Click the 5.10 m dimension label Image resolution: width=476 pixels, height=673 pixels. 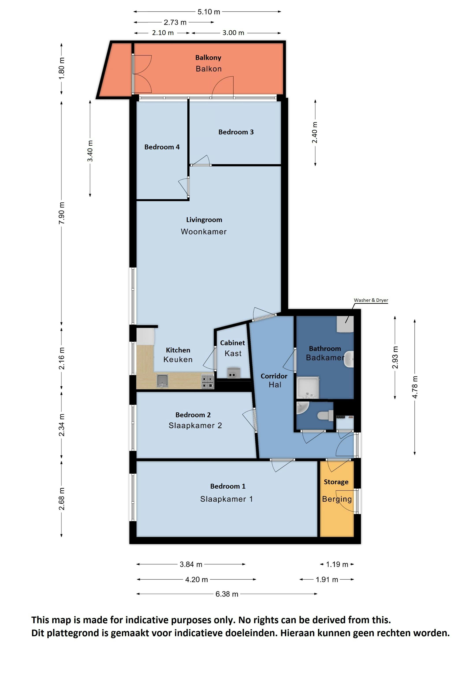pos(208,12)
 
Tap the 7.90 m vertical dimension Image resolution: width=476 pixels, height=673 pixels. pos(61,213)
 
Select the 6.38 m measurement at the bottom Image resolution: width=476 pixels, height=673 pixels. pos(227,594)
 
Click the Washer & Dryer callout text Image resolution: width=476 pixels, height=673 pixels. pos(371,300)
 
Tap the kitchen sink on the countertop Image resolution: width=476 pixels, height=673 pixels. pos(162,380)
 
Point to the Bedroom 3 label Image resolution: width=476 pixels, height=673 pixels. pos(236,132)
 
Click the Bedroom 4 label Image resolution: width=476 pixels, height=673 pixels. pos(162,147)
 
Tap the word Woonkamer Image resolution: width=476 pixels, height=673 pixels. pos(204,232)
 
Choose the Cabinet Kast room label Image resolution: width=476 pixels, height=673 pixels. pos(232,348)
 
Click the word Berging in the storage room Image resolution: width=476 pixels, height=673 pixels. pos(337,499)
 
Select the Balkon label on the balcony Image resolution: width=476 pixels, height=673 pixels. pos(208,69)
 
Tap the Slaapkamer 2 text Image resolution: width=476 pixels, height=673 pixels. pos(195,426)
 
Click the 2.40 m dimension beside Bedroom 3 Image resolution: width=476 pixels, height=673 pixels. pos(315,132)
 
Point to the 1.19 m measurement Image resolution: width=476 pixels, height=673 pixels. pos(337,564)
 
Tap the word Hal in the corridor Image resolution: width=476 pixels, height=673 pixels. pos(275,385)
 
